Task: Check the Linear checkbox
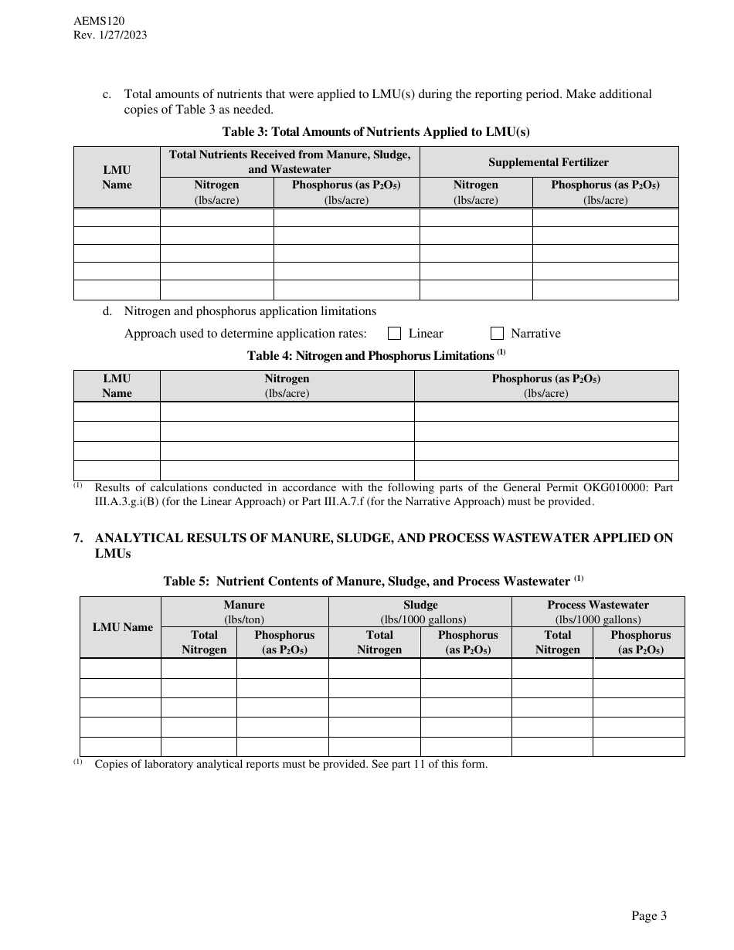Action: coord(394,334)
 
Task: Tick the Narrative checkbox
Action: coord(498,334)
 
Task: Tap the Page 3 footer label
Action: coord(649,916)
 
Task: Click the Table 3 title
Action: coord(376,131)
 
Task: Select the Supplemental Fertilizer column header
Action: coord(549,162)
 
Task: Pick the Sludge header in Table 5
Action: coord(420,605)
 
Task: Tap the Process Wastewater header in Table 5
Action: coord(598,605)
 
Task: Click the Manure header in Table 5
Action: coord(244,605)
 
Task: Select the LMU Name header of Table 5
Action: coord(123,627)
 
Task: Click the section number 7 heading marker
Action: coord(77,538)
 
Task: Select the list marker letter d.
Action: coord(107,311)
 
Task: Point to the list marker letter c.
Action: coord(107,94)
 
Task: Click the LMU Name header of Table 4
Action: coord(117,385)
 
